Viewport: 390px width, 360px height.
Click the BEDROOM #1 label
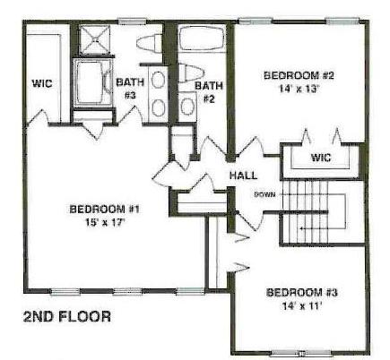pos(105,209)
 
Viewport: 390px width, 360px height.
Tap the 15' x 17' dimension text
pos(105,223)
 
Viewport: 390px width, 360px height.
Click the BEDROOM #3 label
pos(302,292)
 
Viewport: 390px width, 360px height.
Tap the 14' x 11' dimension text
pos(302,306)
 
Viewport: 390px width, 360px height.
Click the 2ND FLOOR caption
pos(67,317)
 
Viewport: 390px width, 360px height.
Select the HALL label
pos(243,176)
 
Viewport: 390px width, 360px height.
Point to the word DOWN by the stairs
pos(264,195)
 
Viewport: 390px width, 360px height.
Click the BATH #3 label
pos(130,89)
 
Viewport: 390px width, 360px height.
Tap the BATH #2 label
pos(209,92)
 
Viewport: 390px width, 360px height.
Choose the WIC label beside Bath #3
pos(42,83)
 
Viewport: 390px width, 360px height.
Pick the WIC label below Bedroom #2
pos(321,158)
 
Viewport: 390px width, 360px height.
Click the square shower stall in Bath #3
pos(95,40)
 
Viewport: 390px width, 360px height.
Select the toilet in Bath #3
pos(150,43)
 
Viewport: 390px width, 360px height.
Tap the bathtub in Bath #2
pos(202,39)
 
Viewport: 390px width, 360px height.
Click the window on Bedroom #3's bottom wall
pos(301,354)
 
